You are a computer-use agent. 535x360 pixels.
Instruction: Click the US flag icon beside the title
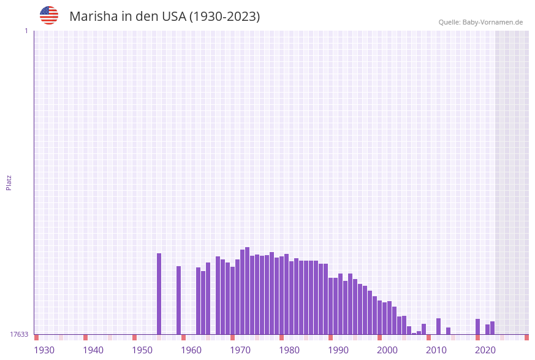point(49,15)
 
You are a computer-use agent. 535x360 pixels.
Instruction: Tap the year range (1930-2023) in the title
point(224,17)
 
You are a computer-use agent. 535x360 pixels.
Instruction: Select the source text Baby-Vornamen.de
point(493,22)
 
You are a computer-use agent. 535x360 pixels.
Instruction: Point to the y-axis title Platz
point(9,182)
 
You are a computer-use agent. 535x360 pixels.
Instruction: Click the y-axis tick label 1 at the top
point(26,31)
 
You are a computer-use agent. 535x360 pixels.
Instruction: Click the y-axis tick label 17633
point(19,334)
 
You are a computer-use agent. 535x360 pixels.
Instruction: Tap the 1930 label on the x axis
point(44,350)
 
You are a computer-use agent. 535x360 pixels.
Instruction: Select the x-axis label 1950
point(142,350)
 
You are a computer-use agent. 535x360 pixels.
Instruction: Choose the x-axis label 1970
point(240,350)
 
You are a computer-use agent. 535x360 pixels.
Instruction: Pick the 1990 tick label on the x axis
point(338,350)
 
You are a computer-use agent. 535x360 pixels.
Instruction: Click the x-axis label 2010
point(436,350)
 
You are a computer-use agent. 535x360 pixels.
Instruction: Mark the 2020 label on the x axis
point(485,350)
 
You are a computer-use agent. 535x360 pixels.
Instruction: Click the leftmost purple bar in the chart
point(159,294)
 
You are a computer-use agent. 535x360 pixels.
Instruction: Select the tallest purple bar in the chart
point(247,291)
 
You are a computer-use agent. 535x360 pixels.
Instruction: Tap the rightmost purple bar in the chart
point(492,328)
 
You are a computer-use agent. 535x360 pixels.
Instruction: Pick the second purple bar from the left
point(178,301)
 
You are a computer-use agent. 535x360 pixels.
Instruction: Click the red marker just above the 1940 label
point(85,337)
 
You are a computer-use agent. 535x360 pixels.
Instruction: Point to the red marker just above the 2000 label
point(379,337)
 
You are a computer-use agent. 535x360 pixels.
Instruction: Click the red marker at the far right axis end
point(526,337)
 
